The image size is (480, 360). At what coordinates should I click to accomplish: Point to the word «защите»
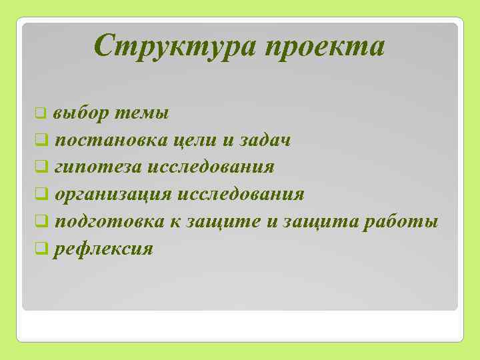click(218, 221)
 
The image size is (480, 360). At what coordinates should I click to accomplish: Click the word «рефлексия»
click(104, 249)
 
